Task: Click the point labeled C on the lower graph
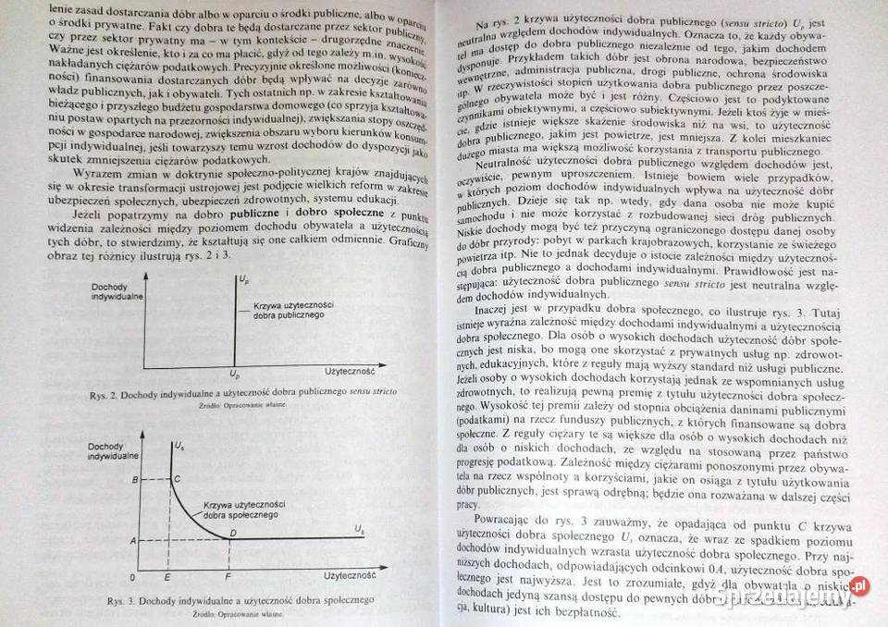tap(177, 479)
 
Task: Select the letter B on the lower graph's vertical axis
tap(137, 479)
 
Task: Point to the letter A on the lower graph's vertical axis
tap(135, 539)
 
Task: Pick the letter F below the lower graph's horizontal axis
tap(228, 576)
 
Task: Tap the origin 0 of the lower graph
tap(133, 576)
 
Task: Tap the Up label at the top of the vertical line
tap(242, 278)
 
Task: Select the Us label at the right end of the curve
tap(359, 528)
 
